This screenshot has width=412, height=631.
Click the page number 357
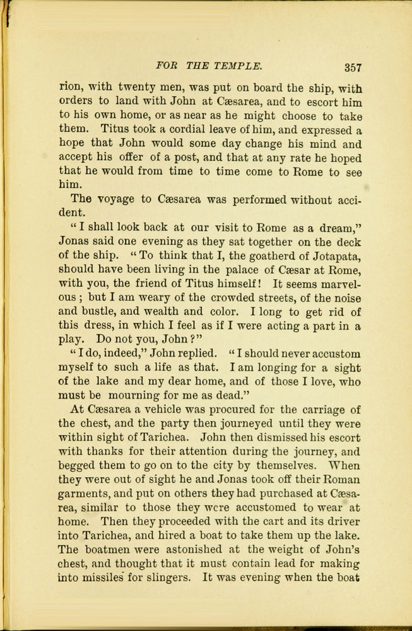(349, 68)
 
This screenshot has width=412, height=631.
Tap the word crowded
(233, 297)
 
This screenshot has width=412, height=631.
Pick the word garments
(82, 493)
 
